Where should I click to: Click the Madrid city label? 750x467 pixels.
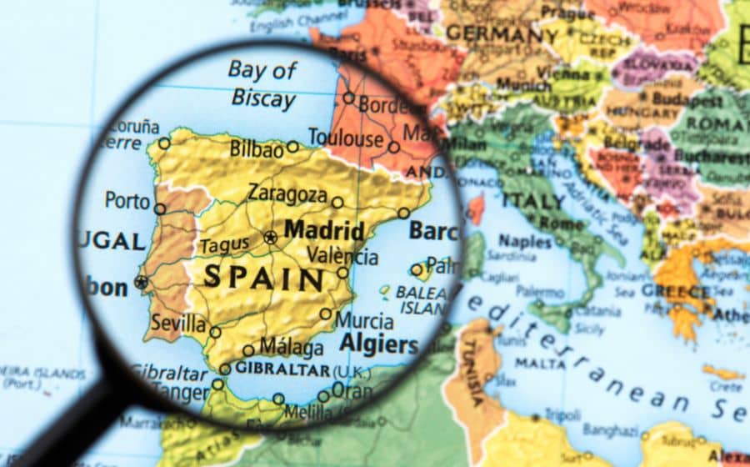click(323, 230)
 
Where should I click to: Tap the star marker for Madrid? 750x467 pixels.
click(270, 238)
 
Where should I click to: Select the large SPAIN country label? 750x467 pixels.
click(263, 277)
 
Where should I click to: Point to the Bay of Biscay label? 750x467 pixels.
click(263, 83)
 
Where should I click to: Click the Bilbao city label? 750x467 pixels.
click(257, 150)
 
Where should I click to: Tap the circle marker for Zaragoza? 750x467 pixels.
click(337, 202)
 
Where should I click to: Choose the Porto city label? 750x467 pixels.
click(127, 200)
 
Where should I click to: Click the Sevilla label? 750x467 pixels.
click(178, 323)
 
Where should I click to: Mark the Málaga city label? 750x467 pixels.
click(291, 346)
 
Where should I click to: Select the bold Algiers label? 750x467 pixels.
click(378, 344)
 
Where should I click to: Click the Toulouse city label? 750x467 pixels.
click(345, 137)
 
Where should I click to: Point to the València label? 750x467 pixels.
click(342, 255)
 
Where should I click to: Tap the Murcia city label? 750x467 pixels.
click(364, 319)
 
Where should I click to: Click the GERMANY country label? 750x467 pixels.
click(489, 34)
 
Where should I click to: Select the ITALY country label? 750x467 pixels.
click(533, 201)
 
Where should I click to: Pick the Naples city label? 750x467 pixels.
click(525, 241)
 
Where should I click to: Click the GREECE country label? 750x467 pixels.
click(676, 291)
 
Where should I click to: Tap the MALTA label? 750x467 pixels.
click(541, 363)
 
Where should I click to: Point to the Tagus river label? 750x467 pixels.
click(223, 246)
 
